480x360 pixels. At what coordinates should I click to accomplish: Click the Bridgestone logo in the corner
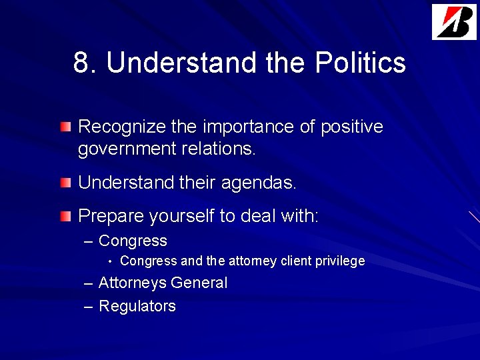coord(454,22)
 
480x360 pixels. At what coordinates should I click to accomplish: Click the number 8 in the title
coord(81,63)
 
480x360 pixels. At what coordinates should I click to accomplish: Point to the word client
coord(296,261)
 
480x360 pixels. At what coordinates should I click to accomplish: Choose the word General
coord(199,283)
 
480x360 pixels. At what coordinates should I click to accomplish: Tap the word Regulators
coord(137,306)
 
